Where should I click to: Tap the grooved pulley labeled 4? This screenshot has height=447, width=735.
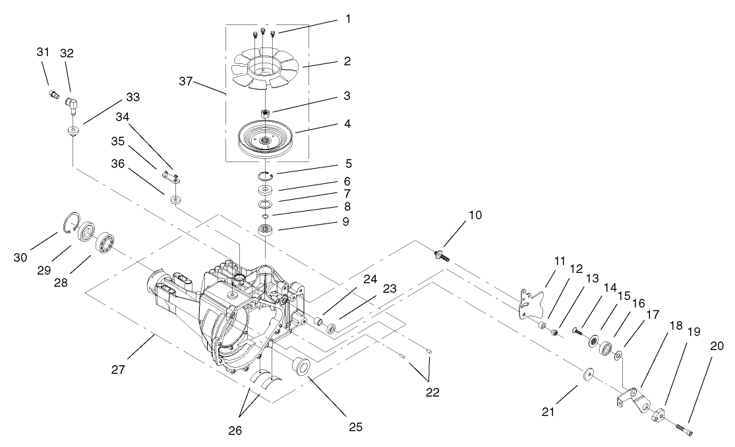pyautogui.click(x=266, y=140)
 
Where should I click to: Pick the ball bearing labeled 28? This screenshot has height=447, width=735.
pyautogui.click(x=105, y=243)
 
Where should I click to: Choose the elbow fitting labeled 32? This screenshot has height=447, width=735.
pyautogui.click(x=71, y=102)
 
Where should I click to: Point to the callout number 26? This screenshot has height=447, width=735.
pyautogui.click(x=235, y=432)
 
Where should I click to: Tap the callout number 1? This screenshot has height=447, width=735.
pyautogui.click(x=347, y=18)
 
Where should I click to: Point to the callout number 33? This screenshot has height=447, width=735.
pyautogui.click(x=132, y=98)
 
